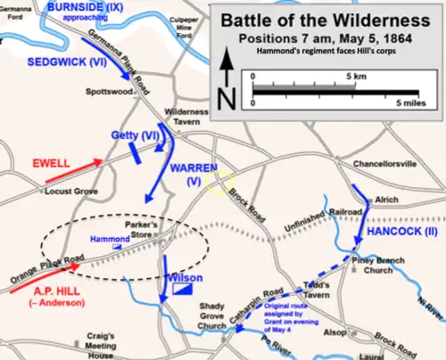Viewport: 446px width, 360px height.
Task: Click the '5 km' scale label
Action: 334,78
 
